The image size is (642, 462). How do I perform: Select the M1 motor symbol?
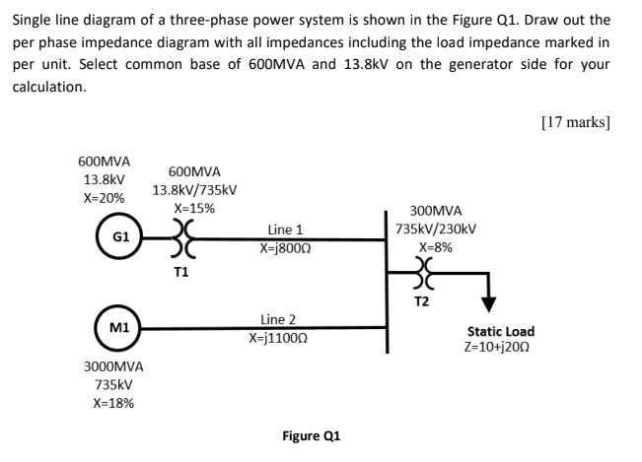pyautogui.click(x=119, y=325)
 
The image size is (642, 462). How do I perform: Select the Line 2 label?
pyautogui.click(x=277, y=319)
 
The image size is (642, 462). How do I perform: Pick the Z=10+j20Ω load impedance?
pyautogui.click(x=501, y=349)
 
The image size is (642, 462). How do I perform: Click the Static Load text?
pyautogui.click(x=501, y=332)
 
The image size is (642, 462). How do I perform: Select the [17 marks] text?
pyautogui.click(x=576, y=123)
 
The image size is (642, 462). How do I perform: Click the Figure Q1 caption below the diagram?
pyautogui.click(x=312, y=435)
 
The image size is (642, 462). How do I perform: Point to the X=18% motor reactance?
pyautogui.click(x=113, y=403)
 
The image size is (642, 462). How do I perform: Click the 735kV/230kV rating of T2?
pyautogui.click(x=435, y=229)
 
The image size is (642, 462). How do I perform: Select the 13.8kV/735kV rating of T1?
pyautogui.click(x=194, y=190)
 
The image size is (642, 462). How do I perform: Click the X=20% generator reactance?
pyautogui.click(x=103, y=198)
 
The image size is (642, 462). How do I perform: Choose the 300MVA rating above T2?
pyautogui.click(x=435, y=211)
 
